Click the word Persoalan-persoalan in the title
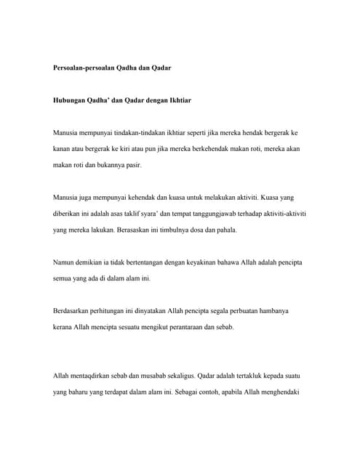[x=84, y=67]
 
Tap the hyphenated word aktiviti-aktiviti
[x=281, y=214]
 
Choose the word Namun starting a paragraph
[x=66, y=262]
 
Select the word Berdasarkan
[x=75, y=311]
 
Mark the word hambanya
[x=273, y=311]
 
